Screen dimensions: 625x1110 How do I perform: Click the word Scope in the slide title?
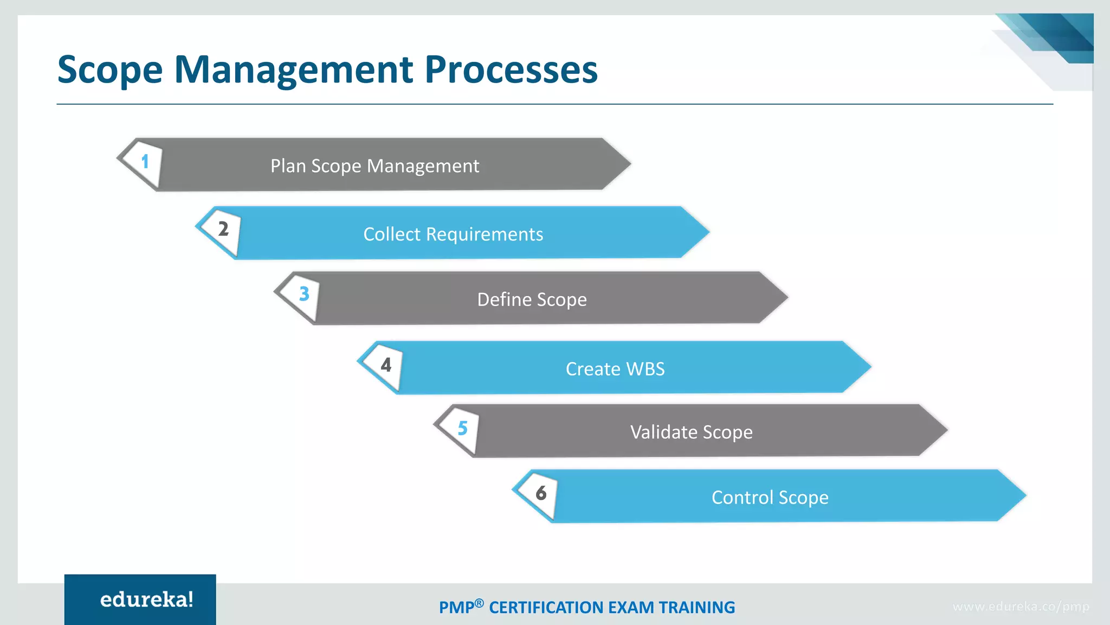(x=110, y=71)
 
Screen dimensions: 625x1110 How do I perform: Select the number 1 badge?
(x=145, y=162)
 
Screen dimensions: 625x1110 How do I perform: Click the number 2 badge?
(x=223, y=229)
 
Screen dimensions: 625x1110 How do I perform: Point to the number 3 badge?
(x=304, y=294)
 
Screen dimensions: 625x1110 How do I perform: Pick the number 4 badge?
(x=386, y=365)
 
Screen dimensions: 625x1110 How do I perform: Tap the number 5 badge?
(x=462, y=429)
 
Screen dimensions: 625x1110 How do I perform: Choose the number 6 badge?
(x=541, y=493)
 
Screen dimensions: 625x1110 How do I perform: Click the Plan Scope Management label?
(x=375, y=166)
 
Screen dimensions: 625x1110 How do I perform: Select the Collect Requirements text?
(x=453, y=234)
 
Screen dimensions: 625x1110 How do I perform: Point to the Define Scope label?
(x=532, y=299)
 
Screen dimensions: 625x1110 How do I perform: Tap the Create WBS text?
(x=615, y=369)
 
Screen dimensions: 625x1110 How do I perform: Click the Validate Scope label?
(x=691, y=432)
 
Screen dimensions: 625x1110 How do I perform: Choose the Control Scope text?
(x=770, y=498)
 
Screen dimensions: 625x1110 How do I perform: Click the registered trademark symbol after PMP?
(x=479, y=603)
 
